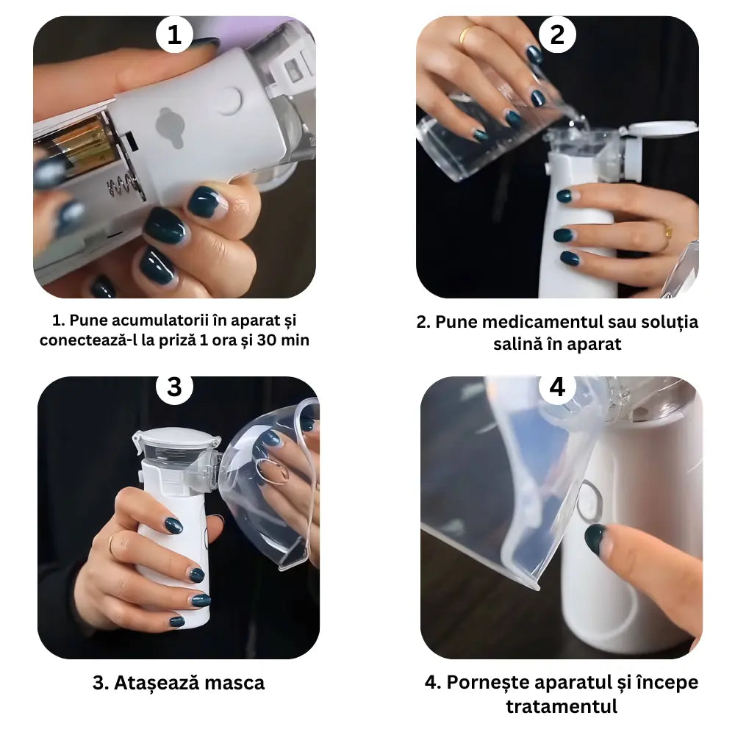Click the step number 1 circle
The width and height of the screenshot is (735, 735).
tap(174, 34)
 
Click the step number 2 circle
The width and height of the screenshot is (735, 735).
tap(558, 34)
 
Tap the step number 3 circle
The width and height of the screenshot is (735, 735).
tap(174, 387)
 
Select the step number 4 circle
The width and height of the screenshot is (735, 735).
tap(558, 387)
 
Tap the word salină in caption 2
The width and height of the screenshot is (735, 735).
tap(517, 344)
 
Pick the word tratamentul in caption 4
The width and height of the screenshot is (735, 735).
tap(562, 706)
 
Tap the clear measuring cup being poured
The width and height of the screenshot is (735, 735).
tap(478, 140)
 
